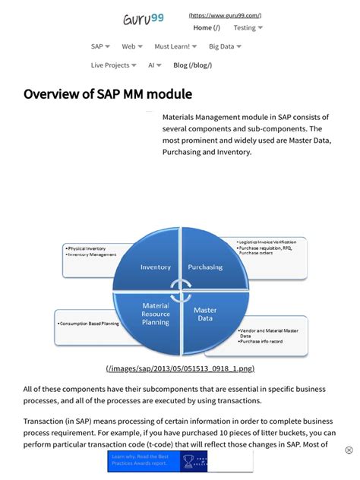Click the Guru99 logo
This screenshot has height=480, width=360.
tap(143, 20)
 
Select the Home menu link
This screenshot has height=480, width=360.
tap(206, 28)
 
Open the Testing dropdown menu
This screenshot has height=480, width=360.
tap(248, 28)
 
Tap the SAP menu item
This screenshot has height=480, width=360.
tap(100, 46)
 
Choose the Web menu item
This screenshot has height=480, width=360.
tap(132, 46)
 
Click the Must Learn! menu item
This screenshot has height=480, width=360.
tap(175, 46)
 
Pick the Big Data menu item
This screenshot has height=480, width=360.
tap(225, 46)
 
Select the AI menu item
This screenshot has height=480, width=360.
tap(155, 65)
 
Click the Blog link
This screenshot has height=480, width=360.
tap(192, 65)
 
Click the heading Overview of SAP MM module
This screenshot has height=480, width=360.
tap(108, 94)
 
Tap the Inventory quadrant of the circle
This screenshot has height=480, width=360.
tap(156, 267)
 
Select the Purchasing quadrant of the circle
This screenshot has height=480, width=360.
tap(205, 267)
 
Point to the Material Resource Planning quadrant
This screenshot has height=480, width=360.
tap(156, 314)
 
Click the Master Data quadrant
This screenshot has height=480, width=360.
tap(205, 314)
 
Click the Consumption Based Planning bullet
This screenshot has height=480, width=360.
tap(89, 324)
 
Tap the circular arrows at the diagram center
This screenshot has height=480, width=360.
tap(180, 289)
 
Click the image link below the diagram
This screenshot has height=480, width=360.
tap(180, 368)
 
